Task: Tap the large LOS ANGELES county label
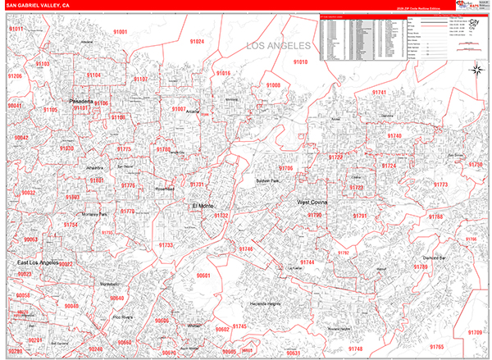[279, 46]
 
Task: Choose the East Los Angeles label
[38, 263]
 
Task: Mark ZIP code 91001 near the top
[121, 31]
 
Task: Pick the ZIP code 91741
[379, 93]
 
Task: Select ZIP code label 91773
[441, 185]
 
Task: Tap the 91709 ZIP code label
[475, 331]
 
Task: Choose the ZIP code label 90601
[203, 276]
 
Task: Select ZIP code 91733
[166, 245]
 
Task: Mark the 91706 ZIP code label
[285, 168]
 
